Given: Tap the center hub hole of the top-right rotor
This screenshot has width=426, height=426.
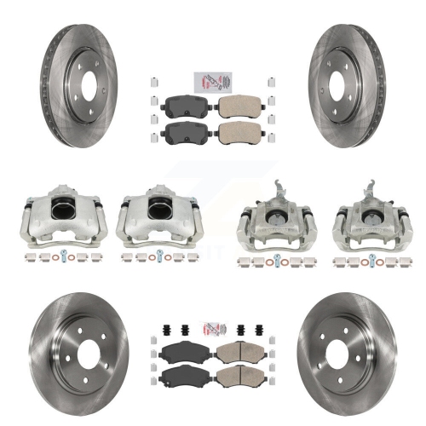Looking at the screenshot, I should (348, 84).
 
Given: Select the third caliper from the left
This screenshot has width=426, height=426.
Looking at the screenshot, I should (279, 221).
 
